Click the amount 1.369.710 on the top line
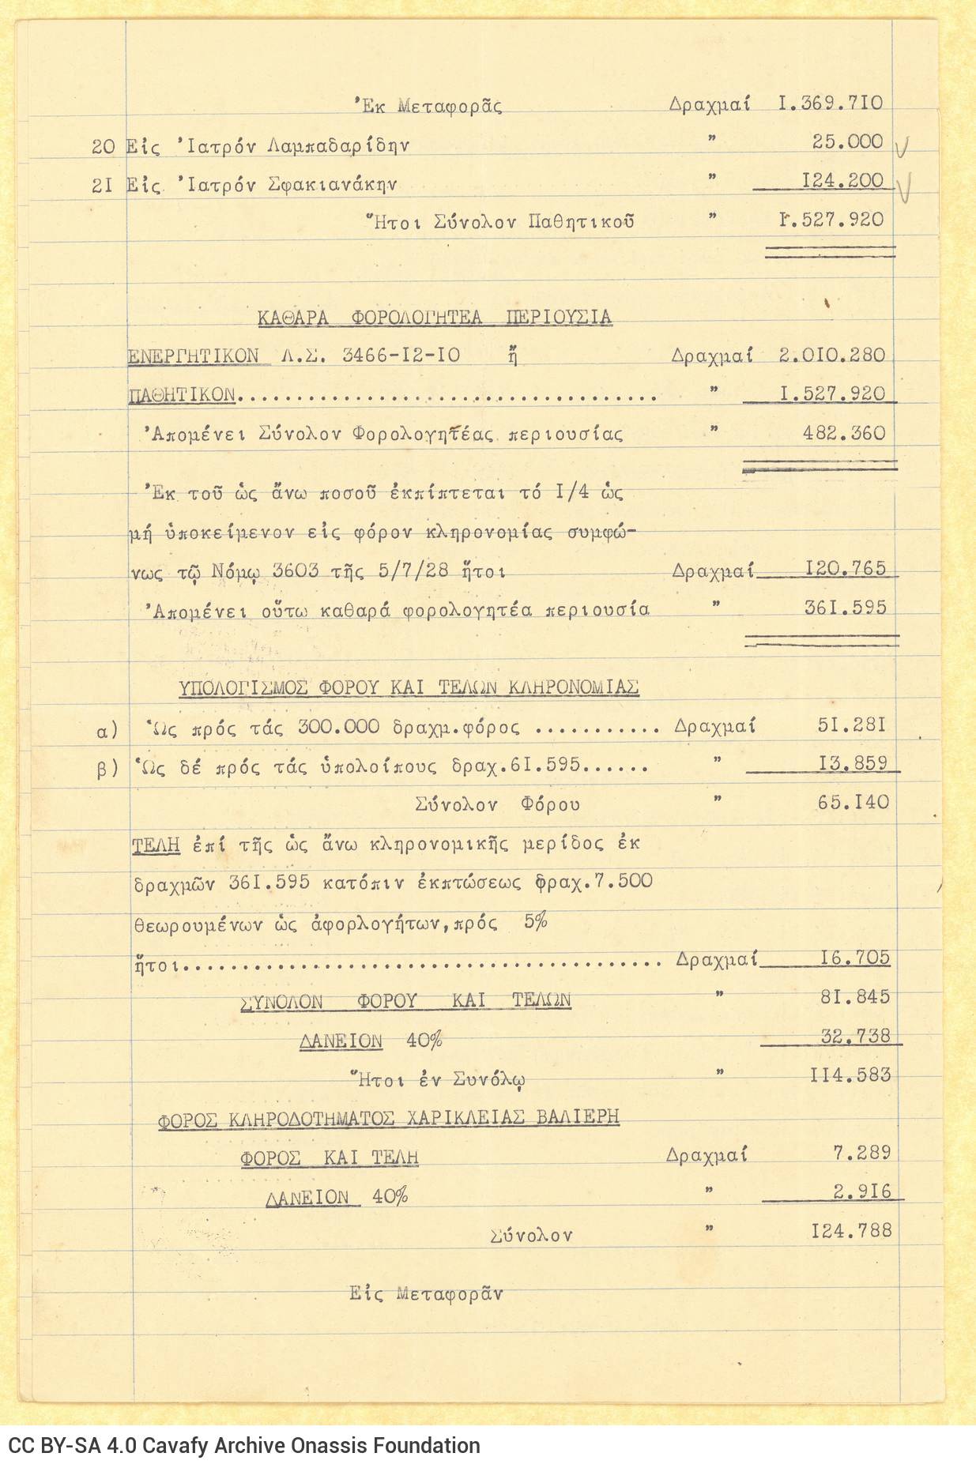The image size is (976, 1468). [830, 104]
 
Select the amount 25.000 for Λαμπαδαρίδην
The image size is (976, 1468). [847, 142]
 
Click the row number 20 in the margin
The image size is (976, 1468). [104, 146]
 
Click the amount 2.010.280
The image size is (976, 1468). [831, 356]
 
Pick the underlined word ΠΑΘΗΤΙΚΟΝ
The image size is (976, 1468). [182, 394]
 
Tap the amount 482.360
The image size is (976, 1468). [844, 434]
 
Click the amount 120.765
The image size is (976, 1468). [845, 569]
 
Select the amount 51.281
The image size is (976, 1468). [851, 725]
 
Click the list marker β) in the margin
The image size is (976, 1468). [107, 768]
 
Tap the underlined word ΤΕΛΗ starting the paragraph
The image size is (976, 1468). [156, 845]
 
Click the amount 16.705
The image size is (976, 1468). [854, 958]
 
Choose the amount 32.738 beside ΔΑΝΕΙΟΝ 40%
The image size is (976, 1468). [855, 1036]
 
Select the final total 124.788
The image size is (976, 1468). [850, 1231]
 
